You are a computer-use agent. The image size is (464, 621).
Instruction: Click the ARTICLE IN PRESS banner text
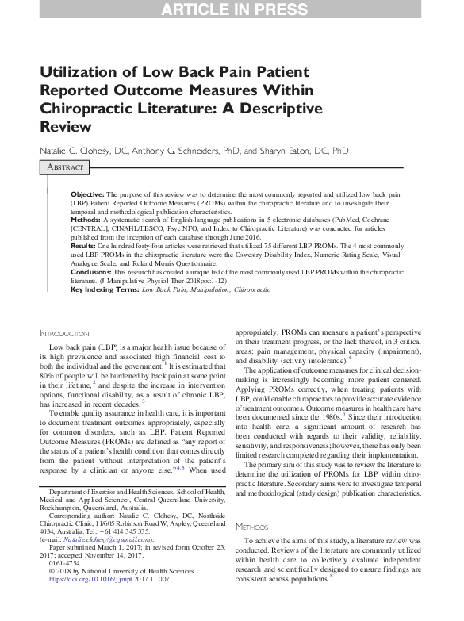(232, 10)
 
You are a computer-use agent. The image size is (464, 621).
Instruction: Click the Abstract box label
(64, 167)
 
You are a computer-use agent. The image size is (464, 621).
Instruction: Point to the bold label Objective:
(86, 194)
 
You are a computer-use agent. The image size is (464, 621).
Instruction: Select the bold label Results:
(84, 247)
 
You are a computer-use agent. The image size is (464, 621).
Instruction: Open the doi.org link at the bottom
(109, 579)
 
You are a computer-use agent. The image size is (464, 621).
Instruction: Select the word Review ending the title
(67, 126)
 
